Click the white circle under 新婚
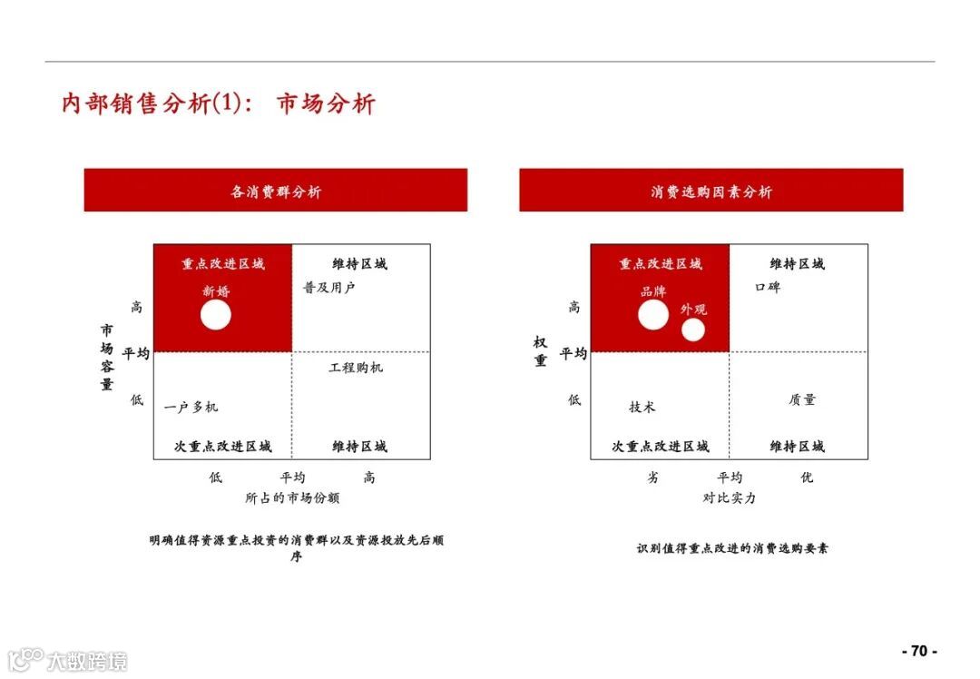216,315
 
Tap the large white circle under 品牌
653,315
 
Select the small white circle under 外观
693,330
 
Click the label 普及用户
328,288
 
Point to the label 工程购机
356,368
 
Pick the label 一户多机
191,407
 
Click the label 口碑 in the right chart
767,288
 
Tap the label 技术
642,407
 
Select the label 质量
802,399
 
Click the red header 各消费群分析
276,191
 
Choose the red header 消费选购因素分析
711,191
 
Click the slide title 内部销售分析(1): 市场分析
218,103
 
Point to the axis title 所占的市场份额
292,497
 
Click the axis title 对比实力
729,497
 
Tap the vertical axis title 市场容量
107,357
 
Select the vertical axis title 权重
541,351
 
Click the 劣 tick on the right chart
652,477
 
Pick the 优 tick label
807,477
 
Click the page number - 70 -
919,651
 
